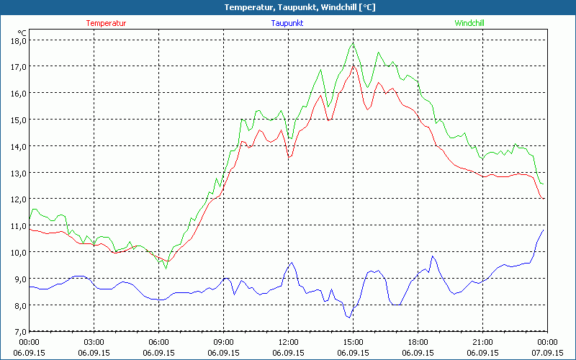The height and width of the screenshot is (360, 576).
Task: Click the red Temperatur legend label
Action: [x=106, y=23]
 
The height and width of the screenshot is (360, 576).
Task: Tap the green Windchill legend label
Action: [x=469, y=23]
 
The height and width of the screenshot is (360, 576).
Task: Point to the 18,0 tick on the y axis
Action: [x=18, y=40]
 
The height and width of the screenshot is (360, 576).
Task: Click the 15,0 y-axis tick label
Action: [x=18, y=120]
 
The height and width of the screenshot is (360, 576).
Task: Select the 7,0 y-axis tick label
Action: [x=18, y=331]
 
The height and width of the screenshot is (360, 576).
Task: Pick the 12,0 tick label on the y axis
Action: [x=18, y=199]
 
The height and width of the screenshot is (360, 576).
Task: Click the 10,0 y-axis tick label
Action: [x=18, y=252]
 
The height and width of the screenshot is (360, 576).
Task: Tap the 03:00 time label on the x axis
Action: [x=94, y=341]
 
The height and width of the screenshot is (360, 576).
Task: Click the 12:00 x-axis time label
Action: [x=289, y=341]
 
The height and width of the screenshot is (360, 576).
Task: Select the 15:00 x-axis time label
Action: [x=354, y=341]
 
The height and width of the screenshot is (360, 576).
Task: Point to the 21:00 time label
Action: [x=483, y=341]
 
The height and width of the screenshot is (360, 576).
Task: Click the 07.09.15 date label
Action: [x=546, y=353]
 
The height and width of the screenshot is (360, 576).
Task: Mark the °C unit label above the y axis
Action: [x=22, y=32]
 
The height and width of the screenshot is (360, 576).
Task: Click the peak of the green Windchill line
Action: [x=354, y=43]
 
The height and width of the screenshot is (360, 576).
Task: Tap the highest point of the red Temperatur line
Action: [x=353, y=66]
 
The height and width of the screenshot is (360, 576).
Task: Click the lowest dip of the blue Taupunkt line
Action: [x=349, y=318]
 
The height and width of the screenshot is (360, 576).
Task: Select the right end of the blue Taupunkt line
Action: [x=544, y=230]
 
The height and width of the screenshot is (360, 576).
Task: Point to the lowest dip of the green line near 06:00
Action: [x=166, y=269]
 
